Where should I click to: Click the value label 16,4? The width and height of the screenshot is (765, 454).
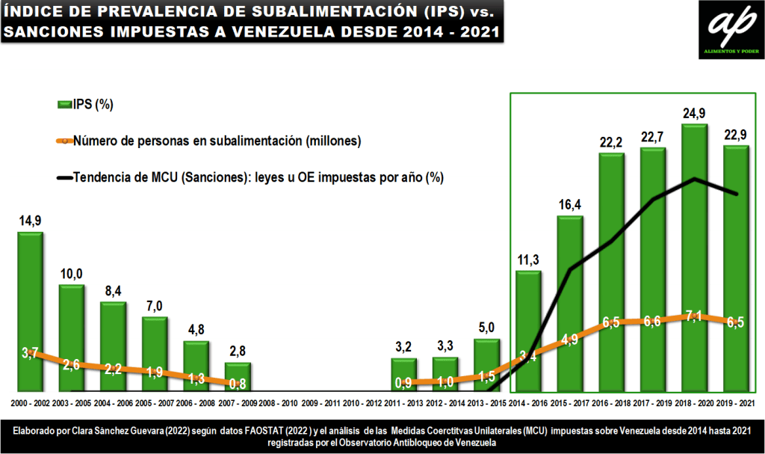click(570, 205)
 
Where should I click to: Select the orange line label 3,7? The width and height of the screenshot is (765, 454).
click(30, 352)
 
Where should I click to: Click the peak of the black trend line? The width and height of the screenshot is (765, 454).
click(696, 178)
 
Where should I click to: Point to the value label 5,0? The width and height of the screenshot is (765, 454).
click(487, 326)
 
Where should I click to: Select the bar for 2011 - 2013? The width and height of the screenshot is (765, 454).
click(403, 375)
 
